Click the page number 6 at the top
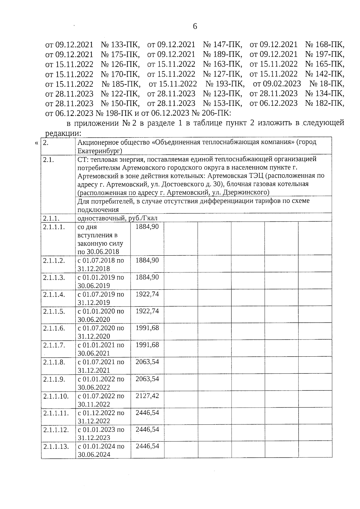tap(195, 26)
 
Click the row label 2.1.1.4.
tap(54, 295)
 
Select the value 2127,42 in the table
tap(147, 396)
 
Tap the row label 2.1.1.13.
tap(56, 446)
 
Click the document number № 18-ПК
tap(327, 84)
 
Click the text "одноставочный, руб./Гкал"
tap(117, 218)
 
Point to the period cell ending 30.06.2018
tap(100, 239)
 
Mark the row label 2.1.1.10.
tap(56, 396)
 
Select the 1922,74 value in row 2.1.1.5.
tap(147, 311)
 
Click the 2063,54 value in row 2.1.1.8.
tap(147, 362)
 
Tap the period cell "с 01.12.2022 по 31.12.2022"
tap(101, 417)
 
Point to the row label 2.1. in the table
tap(49, 160)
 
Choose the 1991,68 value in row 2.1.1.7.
tap(147, 345)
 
